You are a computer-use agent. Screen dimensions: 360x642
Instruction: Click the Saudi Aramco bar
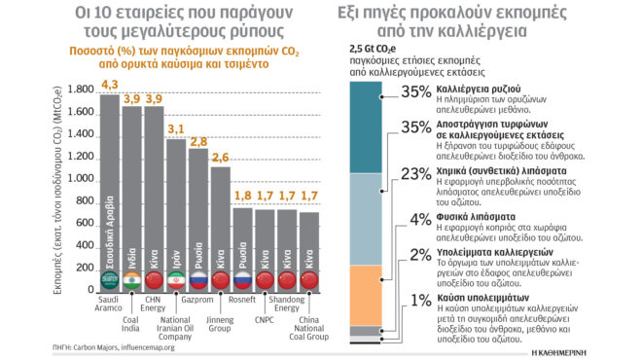click(109, 195)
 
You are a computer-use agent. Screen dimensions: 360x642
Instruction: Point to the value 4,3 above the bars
click(109, 86)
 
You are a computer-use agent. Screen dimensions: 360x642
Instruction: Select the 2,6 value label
click(221, 158)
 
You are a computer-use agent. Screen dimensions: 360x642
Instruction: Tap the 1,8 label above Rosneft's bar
click(243, 196)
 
